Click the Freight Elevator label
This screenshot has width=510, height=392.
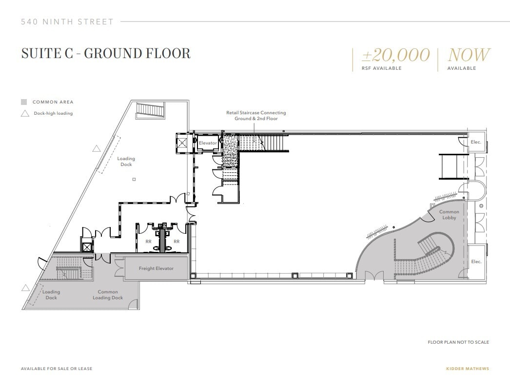(156, 268)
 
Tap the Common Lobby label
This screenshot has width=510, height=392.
(449, 215)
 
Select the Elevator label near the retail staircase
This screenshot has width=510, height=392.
(207, 143)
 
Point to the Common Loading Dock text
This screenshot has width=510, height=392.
(108, 295)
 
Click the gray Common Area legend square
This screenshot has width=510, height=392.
(23, 102)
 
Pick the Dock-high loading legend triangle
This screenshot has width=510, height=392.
(23, 113)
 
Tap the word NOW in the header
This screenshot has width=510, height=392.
(469, 55)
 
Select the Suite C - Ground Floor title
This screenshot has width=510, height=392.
(106, 53)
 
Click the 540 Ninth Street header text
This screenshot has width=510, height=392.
(67, 21)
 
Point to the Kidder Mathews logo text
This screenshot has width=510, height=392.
(467, 369)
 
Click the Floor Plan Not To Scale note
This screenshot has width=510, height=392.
(458, 342)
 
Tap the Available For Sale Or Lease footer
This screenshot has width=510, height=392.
(56, 369)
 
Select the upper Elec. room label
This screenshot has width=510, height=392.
(476, 142)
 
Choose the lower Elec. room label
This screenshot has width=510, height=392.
(476, 262)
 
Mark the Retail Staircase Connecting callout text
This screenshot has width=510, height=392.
(256, 115)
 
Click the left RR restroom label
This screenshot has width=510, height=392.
(149, 241)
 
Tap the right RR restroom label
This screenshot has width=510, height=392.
(177, 241)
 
